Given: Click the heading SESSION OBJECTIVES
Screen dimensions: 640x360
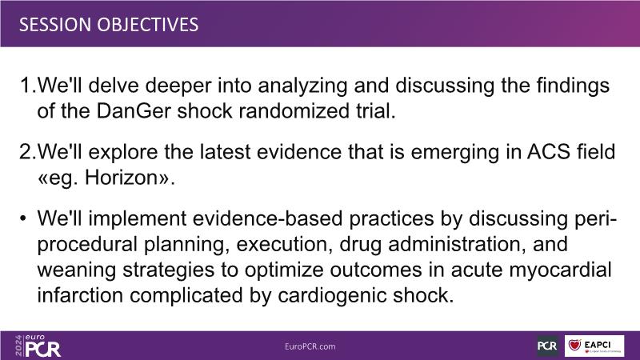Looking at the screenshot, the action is pyautogui.click(x=109, y=25).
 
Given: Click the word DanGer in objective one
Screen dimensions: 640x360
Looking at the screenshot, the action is pyautogui.click(x=133, y=110).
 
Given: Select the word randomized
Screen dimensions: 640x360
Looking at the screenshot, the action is pyautogui.click(x=294, y=110).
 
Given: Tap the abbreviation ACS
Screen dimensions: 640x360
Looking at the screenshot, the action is pyautogui.click(x=549, y=151).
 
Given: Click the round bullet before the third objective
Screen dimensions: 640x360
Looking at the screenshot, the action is pyautogui.click(x=23, y=218).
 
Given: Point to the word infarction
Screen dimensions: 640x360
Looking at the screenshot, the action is pyautogui.click(x=80, y=295).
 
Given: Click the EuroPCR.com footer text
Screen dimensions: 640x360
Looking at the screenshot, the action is pyautogui.click(x=310, y=346).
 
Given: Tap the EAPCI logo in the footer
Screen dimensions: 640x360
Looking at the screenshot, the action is pyautogui.click(x=594, y=346).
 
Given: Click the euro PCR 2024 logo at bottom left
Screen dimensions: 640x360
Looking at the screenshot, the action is pyautogui.click(x=38, y=346).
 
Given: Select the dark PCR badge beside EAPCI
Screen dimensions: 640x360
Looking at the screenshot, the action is pyautogui.click(x=547, y=346).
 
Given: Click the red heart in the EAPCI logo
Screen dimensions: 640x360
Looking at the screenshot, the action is pyautogui.click(x=574, y=346).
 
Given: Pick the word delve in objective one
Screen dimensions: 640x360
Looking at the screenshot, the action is pyautogui.click(x=117, y=85).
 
